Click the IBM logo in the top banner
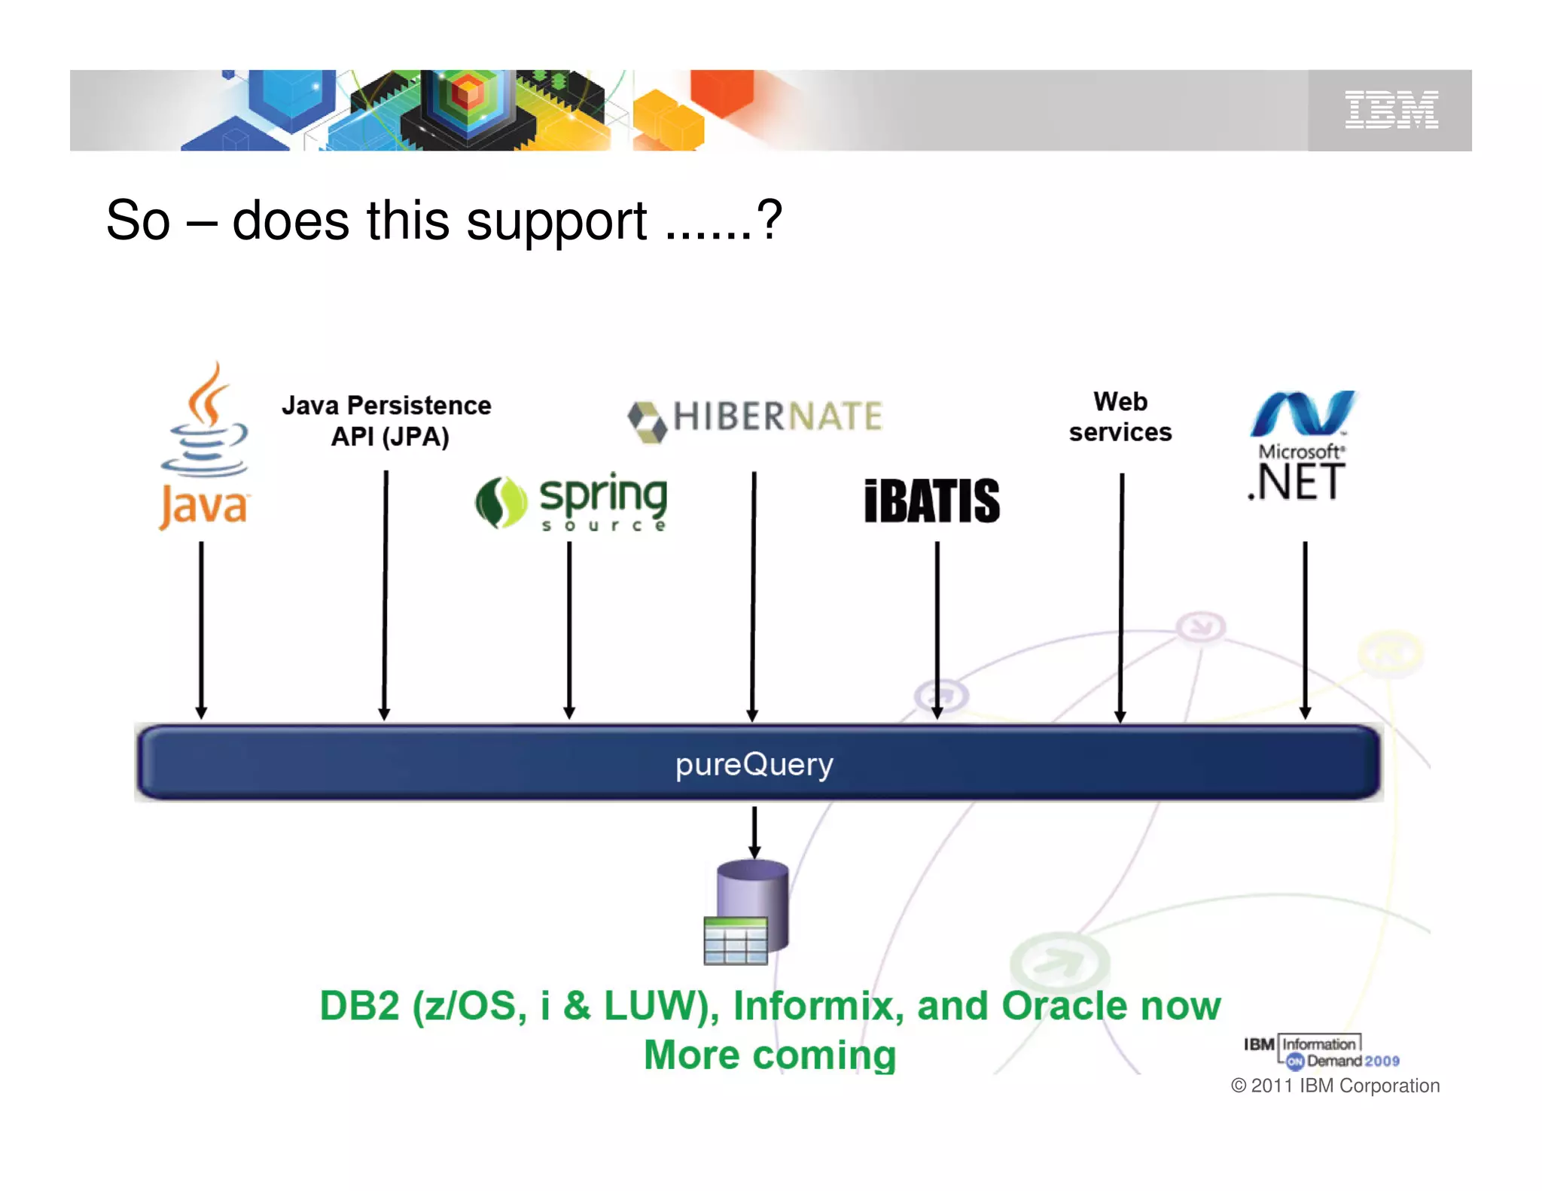click(1391, 110)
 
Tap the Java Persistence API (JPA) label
click(387, 421)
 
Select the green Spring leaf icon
click(501, 502)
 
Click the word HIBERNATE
click(777, 416)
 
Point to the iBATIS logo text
click(931, 501)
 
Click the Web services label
click(1120, 416)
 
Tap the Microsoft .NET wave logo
click(1303, 413)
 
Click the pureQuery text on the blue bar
click(754, 764)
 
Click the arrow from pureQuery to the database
click(754, 832)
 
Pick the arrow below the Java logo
click(201, 629)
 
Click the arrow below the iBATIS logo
click(937, 629)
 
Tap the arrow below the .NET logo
click(1305, 629)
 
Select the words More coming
click(769, 1054)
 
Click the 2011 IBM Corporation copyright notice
click(1335, 1086)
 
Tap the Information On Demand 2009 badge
click(1321, 1052)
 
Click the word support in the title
click(556, 222)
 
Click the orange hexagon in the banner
click(721, 92)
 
